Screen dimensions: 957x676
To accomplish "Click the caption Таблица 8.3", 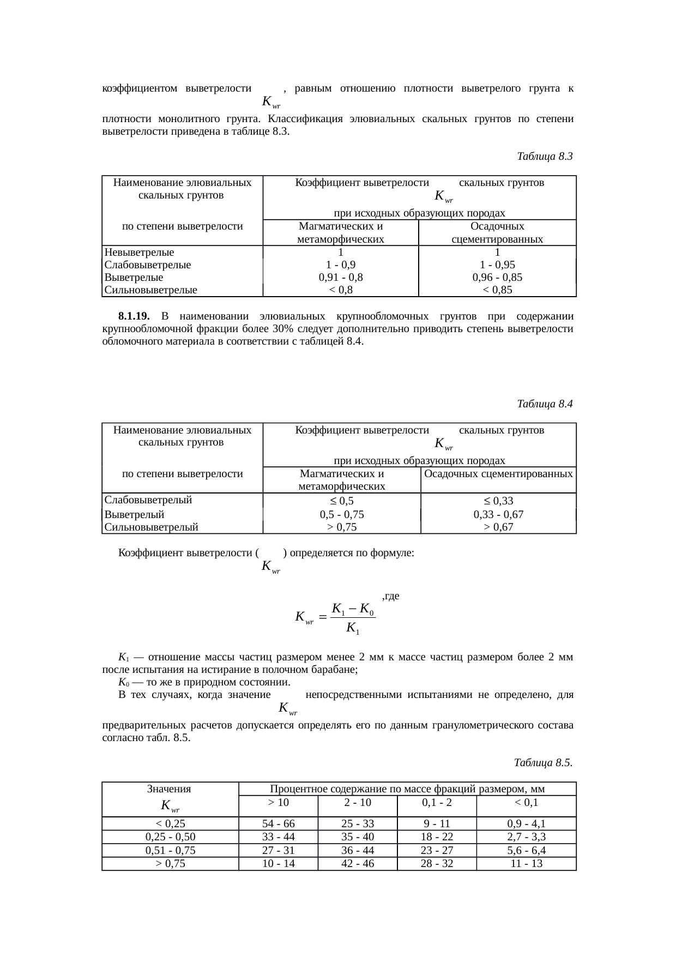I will pos(544,157).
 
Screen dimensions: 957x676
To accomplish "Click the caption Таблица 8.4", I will pos(544,404).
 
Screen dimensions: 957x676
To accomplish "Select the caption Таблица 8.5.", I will pos(543,762).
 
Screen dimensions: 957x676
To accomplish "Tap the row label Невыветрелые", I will pos(140,252).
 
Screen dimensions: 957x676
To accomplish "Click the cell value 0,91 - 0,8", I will pos(341,277).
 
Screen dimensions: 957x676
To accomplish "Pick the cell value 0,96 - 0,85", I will pos(497,277).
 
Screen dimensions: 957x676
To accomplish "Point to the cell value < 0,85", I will pos(497,290).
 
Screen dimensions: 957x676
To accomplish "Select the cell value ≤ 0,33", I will pos(498,501).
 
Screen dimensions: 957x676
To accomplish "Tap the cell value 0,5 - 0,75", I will pos(342,514).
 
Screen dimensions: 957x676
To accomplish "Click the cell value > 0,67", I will pos(498,527).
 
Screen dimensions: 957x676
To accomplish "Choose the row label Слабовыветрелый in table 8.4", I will pos(148,500).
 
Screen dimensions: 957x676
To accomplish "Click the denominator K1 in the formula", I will pos(352,629).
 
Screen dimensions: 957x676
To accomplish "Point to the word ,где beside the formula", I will pos(391,596).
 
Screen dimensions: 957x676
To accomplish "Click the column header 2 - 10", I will pos(358,803).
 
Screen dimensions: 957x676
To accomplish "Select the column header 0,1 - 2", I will pos(437,803).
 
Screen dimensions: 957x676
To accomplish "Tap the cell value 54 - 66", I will pos(279,824).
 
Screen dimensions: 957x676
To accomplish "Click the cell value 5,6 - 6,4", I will pos(526,851).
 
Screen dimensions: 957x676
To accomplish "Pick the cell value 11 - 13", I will pos(526,864).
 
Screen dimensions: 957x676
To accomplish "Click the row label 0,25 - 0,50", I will pos(170,837).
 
